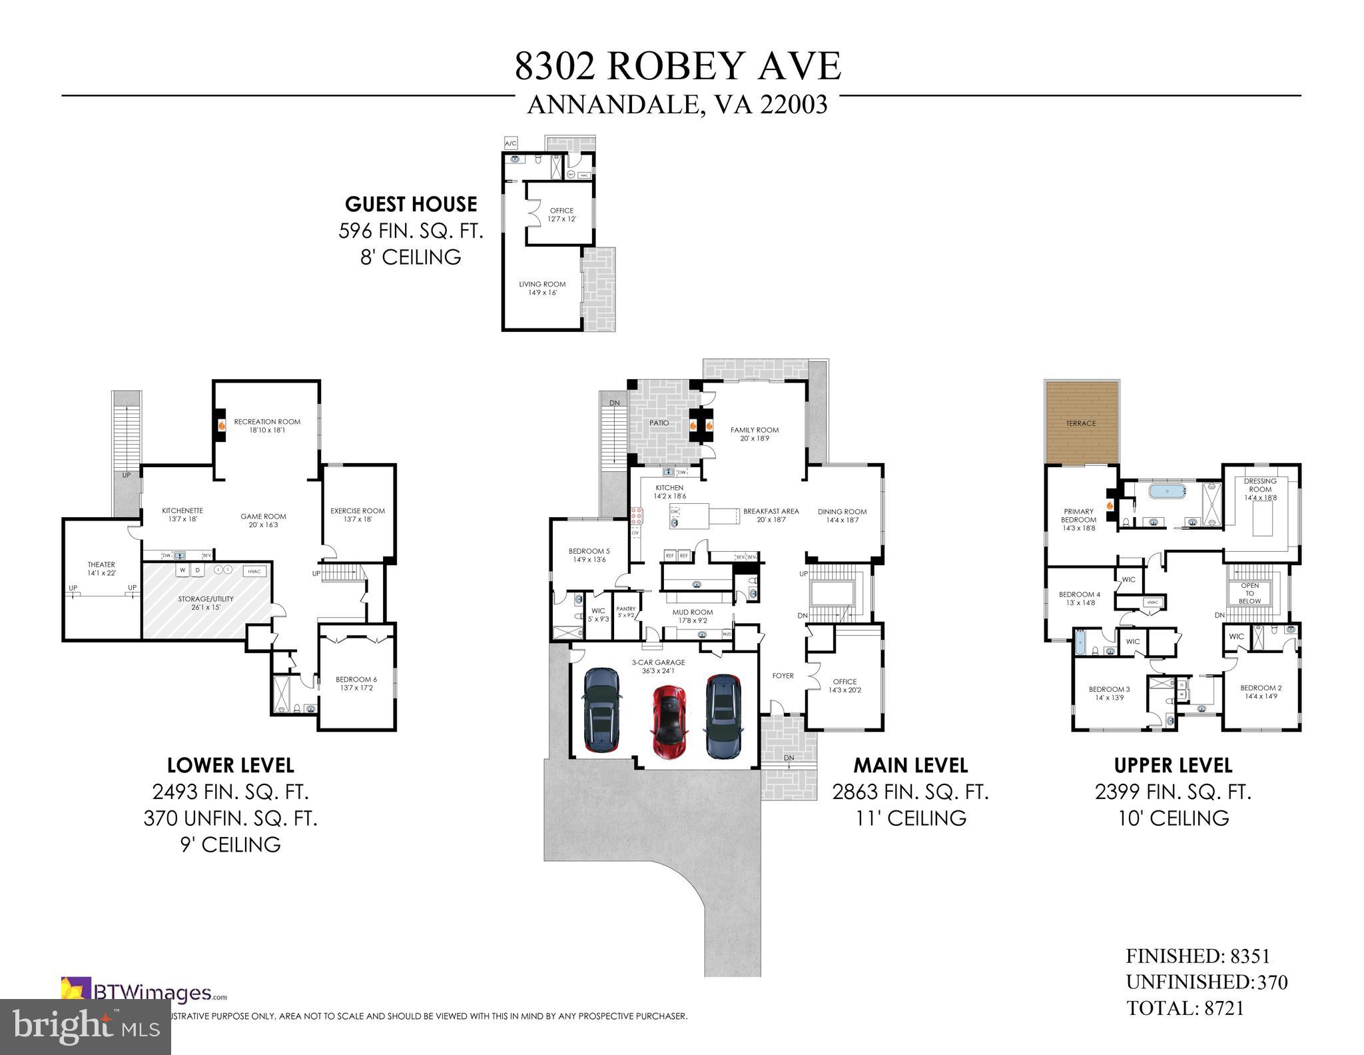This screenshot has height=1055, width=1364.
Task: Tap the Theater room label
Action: point(101,568)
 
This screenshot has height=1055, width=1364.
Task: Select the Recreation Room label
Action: point(267,425)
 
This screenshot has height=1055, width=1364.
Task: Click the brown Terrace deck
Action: point(1080,423)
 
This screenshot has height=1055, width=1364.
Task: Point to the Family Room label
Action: point(754,434)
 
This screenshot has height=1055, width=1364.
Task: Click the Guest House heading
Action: point(411,204)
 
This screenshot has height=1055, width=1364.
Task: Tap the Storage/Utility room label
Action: point(206,603)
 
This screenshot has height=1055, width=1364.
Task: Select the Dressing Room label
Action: point(1260,489)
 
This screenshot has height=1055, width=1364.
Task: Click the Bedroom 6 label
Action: point(356,683)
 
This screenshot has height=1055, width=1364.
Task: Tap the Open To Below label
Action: point(1249,593)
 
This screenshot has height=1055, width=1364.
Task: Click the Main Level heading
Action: point(910,765)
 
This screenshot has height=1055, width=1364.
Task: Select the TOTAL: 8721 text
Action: point(1185,1008)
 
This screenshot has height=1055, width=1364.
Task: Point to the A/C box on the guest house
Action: point(511,143)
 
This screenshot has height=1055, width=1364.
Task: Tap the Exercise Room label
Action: point(358,515)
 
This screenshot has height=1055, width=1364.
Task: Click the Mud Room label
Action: point(693,616)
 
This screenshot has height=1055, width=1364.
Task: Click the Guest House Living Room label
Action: point(542,288)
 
